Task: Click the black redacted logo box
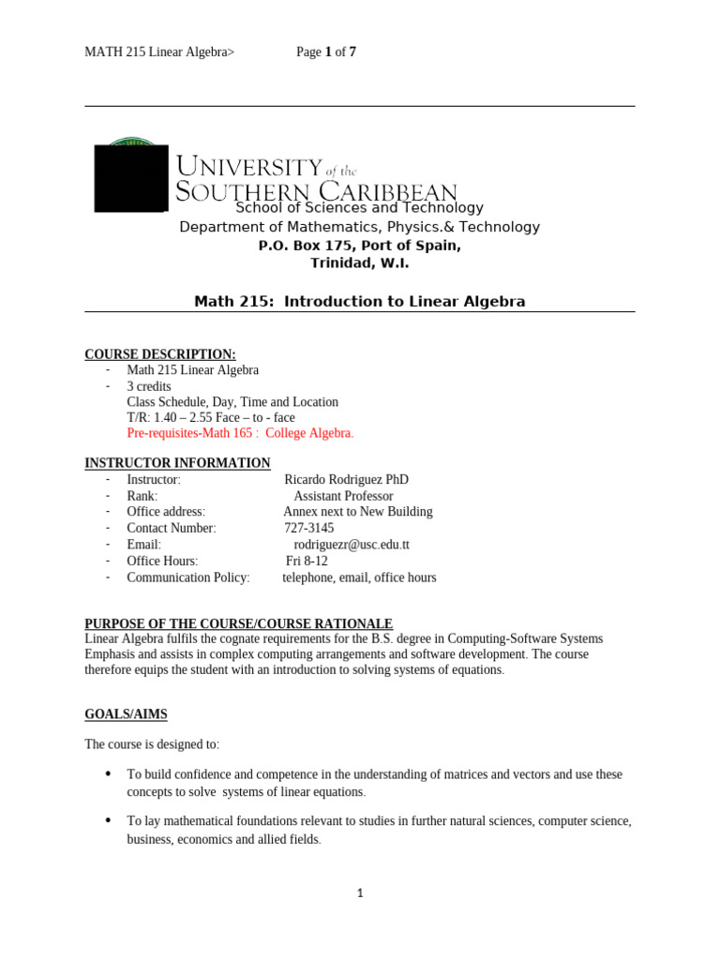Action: coord(131,177)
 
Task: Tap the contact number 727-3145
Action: coord(308,528)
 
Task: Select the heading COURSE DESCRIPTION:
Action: coord(160,354)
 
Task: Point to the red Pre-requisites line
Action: coord(240,433)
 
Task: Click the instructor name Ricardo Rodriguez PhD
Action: coord(346,479)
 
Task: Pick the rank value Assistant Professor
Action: coord(343,496)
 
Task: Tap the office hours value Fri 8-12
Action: coord(307,561)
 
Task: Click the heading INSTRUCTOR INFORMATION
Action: coord(177,463)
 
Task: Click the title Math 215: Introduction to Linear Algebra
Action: coord(360,302)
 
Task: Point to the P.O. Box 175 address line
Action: coord(360,246)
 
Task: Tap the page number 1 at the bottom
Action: coord(360,893)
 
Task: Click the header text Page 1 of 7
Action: coord(326,52)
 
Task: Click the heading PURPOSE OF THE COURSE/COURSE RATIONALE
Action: coord(239,624)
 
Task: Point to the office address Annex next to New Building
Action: coord(358,512)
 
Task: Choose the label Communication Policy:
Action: coord(188,577)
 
